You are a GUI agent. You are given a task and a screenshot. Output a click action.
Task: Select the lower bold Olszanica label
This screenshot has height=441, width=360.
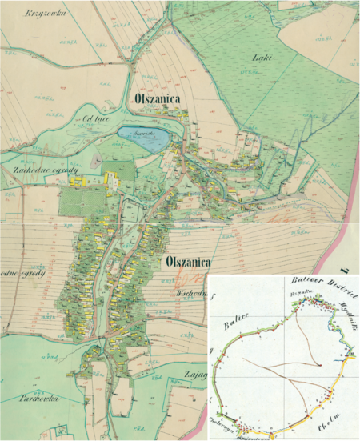tap(189, 262)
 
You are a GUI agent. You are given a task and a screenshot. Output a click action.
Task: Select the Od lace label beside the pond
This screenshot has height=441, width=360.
tap(74, 121)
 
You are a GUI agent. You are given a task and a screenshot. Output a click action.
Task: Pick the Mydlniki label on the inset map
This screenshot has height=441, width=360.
tap(346, 315)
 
